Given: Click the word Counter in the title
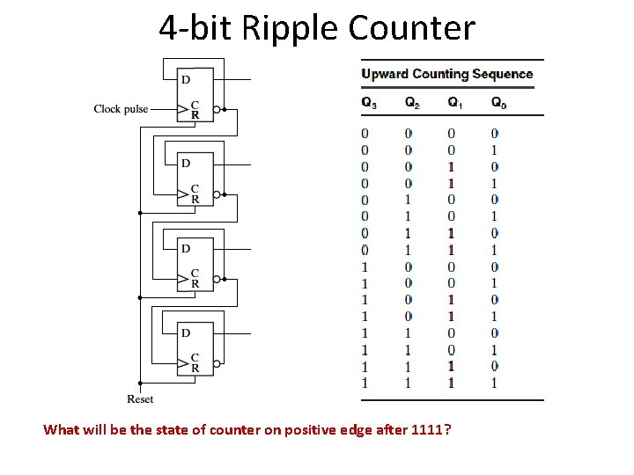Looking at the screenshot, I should (411, 28).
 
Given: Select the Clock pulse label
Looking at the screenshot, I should (121, 109).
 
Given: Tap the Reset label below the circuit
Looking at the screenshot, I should (140, 399).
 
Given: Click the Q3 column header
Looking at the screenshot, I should (369, 103).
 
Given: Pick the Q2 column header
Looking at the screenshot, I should (412, 103).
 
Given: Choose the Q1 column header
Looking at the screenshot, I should (454, 103).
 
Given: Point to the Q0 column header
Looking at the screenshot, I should (498, 103).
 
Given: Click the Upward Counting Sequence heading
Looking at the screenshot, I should (447, 74).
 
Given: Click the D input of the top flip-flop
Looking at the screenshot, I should (185, 80).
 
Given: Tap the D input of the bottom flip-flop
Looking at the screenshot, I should (185, 332).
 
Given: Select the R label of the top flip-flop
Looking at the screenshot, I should (195, 115).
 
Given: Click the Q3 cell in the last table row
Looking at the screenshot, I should (365, 383).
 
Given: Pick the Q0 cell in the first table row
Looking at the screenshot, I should (495, 133).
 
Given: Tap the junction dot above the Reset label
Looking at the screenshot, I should (140, 383).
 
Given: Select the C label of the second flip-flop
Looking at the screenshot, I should (195, 189).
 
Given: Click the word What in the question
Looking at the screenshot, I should (61, 430).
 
